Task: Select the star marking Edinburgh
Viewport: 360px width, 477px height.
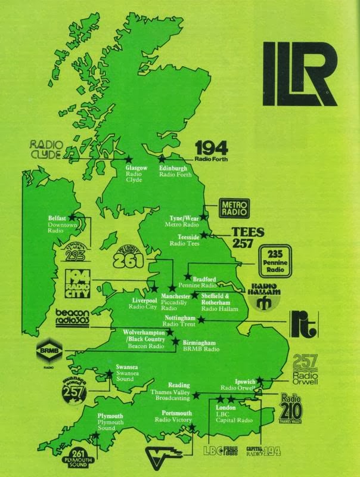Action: point(162,159)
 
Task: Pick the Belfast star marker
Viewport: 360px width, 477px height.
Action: point(75,217)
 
